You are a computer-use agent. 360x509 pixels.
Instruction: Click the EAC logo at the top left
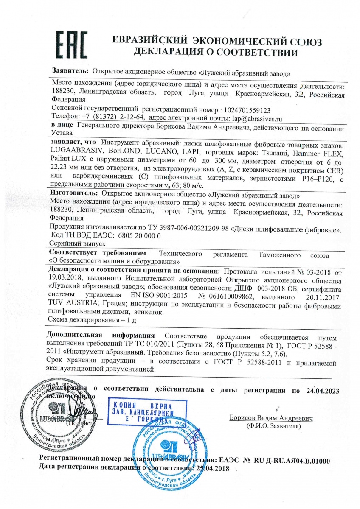click(72, 44)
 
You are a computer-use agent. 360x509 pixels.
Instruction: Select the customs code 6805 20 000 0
click(125, 235)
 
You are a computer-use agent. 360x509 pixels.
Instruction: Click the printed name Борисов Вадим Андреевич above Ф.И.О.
click(272, 418)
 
